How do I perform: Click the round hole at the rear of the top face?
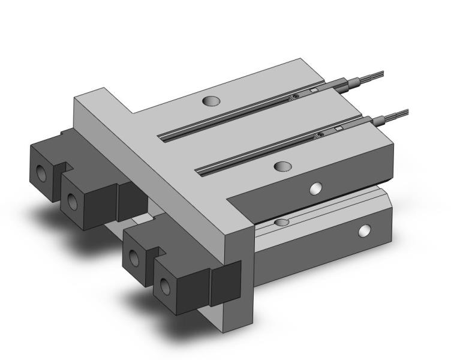tap(211, 102)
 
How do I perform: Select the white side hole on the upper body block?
tap(315, 189)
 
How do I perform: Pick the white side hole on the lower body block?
tap(364, 230)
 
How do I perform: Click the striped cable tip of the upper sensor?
tap(373, 76)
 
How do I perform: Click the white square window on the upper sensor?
tap(313, 91)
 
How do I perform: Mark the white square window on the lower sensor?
tap(339, 128)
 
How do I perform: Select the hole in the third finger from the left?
tap(134, 257)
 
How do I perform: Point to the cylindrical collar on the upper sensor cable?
tap(357, 80)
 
